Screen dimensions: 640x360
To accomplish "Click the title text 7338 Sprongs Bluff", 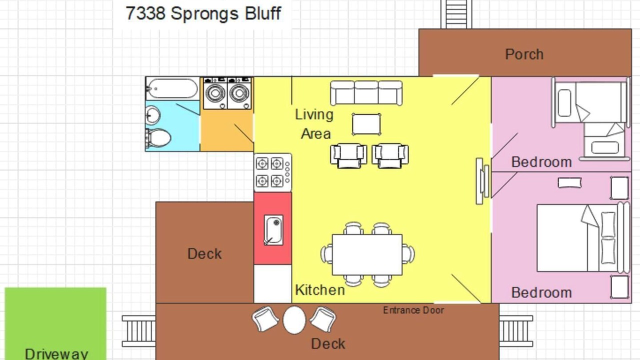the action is (203, 13).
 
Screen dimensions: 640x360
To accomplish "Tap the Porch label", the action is (524, 54).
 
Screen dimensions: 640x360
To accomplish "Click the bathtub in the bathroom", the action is (172, 88).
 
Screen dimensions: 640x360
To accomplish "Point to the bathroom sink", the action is (152, 115).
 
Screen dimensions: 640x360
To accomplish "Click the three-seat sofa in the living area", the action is (366, 93).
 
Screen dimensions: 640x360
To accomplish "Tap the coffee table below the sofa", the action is (366, 124).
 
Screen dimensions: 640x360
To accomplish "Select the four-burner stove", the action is (273, 172).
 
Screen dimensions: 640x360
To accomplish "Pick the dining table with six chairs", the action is (367, 254).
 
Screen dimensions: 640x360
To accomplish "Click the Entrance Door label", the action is (413, 310).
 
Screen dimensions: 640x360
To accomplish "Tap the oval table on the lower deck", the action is (294, 320).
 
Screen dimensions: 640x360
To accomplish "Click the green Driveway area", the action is (55, 323).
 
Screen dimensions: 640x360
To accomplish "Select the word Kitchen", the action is (320, 290).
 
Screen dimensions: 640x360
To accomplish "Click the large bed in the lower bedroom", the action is (583, 237).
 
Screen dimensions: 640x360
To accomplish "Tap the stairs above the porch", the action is (456, 14).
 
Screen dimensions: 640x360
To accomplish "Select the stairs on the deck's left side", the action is (139, 331).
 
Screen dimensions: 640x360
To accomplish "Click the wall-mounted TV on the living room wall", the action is (482, 181).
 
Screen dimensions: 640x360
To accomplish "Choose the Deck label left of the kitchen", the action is (204, 253).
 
